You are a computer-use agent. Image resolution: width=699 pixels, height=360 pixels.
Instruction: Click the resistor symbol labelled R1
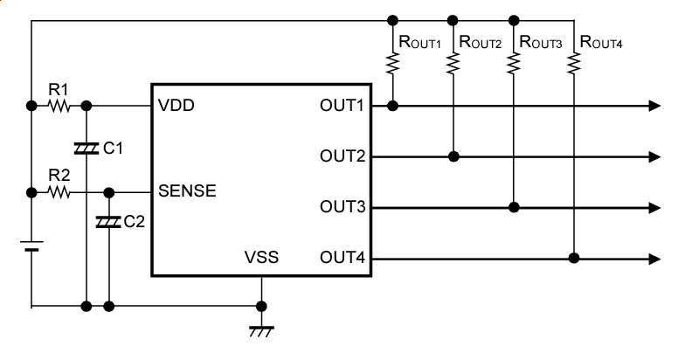[x=59, y=106]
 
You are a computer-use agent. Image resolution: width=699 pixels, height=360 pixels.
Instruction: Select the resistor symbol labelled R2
[x=59, y=191]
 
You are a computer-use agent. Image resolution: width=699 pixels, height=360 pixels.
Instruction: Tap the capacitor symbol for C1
[x=86, y=149]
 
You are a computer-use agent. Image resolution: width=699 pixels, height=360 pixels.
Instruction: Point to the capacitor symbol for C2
[x=108, y=223]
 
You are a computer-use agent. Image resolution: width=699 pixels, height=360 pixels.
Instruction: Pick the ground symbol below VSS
[x=260, y=329]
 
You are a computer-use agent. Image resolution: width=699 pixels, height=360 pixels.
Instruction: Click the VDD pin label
[x=176, y=106]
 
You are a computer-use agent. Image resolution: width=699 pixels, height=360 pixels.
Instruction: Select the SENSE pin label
[x=187, y=190]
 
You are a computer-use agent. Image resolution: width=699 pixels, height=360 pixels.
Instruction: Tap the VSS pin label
[x=261, y=258]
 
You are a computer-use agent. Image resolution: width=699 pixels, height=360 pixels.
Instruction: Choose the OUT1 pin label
[x=341, y=106]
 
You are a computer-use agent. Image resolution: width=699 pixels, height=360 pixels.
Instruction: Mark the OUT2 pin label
[x=341, y=156]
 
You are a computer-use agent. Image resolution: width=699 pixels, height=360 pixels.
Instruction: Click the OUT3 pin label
[x=341, y=207]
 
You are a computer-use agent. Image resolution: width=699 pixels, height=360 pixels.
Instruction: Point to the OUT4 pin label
[x=341, y=258]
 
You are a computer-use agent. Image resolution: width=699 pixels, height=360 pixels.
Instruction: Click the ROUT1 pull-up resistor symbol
[x=393, y=63]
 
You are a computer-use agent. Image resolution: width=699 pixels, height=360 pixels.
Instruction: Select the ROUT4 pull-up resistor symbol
[x=574, y=63]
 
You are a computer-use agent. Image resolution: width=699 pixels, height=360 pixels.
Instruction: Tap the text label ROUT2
[x=480, y=41]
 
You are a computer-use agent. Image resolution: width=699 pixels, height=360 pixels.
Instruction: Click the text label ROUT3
[x=540, y=41]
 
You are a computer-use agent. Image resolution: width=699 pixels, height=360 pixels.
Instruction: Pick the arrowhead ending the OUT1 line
[x=654, y=106]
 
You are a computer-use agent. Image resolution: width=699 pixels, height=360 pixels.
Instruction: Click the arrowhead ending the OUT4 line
[x=654, y=258]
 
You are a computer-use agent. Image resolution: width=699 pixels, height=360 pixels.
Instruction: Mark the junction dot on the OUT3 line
[x=514, y=207]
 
